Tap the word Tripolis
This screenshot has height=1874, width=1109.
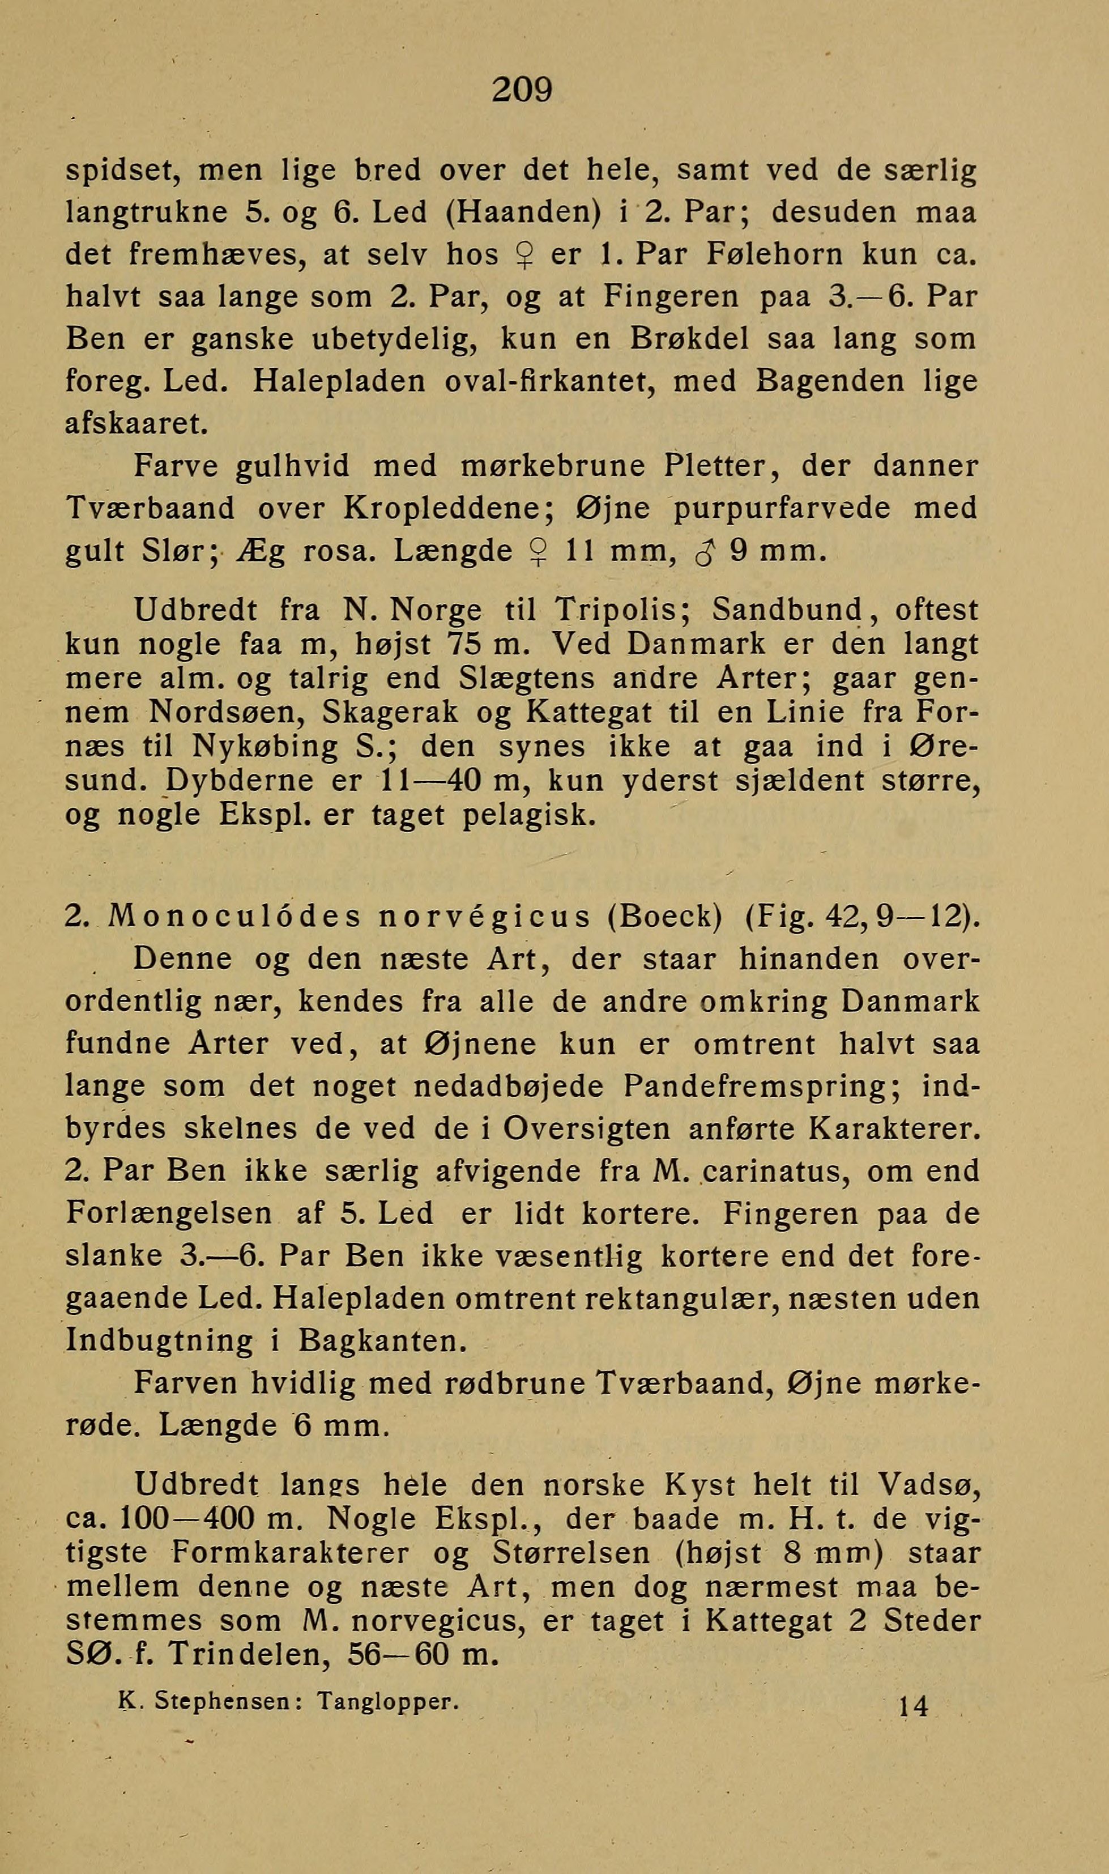pos(621,610)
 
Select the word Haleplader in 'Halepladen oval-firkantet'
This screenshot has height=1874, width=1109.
pos(339,382)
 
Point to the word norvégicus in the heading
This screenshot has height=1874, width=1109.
pos(484,917)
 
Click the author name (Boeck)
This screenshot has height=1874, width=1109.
pos(665,917)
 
